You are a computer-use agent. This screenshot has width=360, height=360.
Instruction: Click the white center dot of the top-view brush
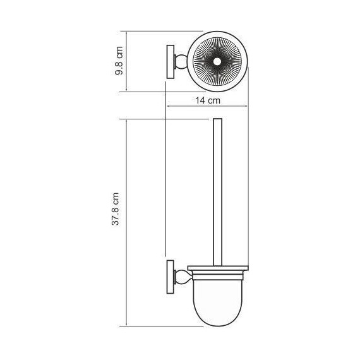click(217, 61)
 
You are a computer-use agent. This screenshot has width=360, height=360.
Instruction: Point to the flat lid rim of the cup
click(217, 270)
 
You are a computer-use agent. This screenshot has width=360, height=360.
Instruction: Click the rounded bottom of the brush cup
click(217, 316)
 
